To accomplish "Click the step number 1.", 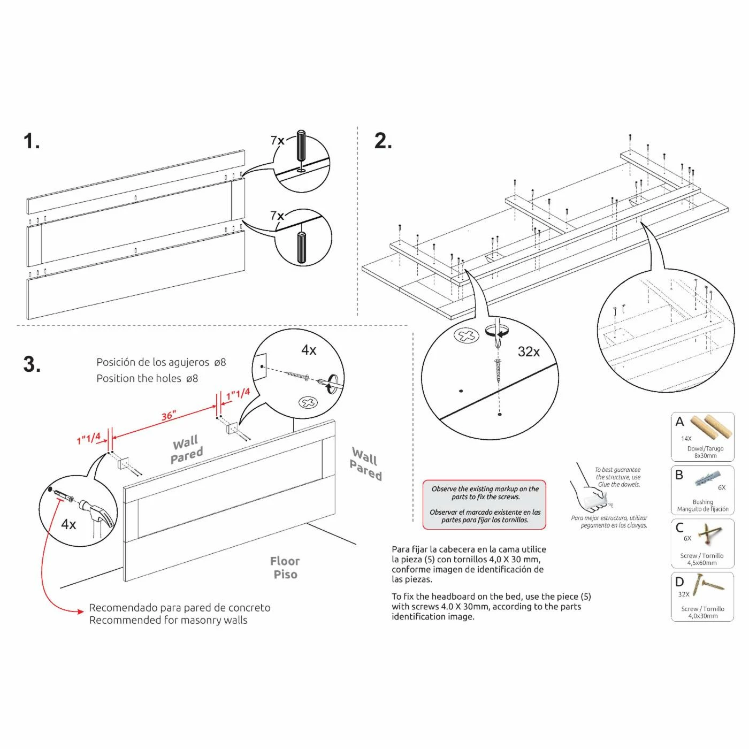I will [31, 141].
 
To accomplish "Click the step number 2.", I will [383, 141].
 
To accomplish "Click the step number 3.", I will [32, 364].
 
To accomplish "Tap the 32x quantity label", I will [529, 352].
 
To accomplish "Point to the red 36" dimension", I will [169, 416].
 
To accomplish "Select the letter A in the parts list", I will [679, 422].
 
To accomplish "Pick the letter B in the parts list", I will [679, 475].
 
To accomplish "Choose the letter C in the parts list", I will [679, 528].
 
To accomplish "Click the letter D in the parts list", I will [679, 582].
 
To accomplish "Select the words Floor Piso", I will [285, 568].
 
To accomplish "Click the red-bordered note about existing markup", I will [485, 505].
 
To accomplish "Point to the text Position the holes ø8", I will [147, 378].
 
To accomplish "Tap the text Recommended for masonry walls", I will [168, 620].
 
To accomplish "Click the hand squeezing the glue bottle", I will [588, 492].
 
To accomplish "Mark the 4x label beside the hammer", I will [68, 524].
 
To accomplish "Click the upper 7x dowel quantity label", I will [277, 140].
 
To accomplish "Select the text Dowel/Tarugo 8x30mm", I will [705, 452].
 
